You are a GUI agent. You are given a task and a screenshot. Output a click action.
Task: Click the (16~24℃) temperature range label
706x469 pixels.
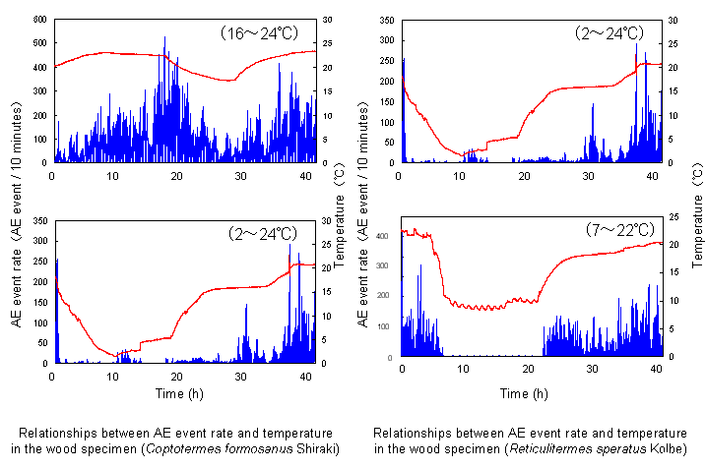[259, 33]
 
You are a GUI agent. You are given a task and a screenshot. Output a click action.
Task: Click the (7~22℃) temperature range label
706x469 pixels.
[608, 228]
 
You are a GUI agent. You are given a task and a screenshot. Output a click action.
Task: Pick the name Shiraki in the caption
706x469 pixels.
[314, 449]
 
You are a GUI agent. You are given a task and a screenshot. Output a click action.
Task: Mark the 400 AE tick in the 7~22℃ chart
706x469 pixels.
[383, 234]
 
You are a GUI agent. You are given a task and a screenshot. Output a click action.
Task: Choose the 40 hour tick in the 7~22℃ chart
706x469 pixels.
[657, 368]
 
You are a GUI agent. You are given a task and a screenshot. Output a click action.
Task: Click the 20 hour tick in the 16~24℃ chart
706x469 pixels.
[177, 174]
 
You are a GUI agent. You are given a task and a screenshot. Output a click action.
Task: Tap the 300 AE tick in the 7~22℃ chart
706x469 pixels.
[383, 264]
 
